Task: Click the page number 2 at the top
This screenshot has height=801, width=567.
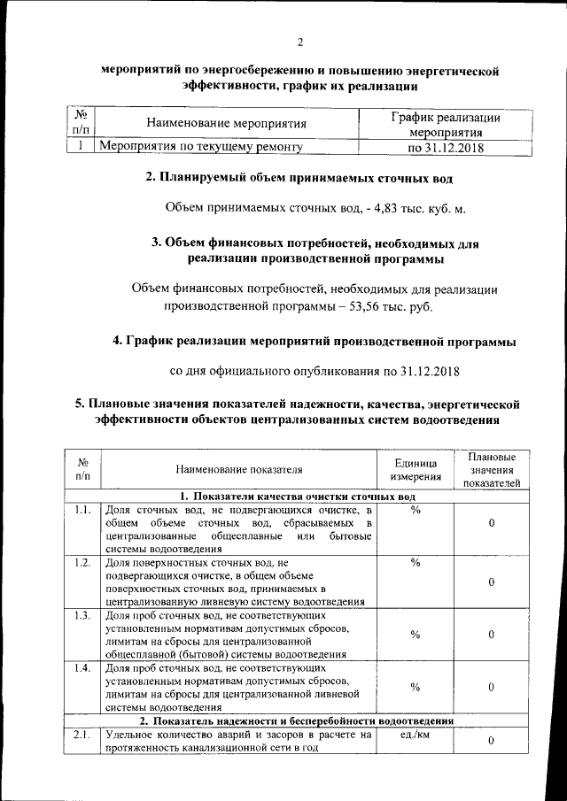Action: pyautogui.click(x=300, y=42)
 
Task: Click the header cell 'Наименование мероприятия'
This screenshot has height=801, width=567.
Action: pyautogui.click(x=227, y=124)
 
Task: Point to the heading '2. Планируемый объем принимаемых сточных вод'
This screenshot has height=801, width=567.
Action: pyautogui.click(x=299, y=179)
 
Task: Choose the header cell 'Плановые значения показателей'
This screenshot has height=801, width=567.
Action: pyautogui.click(x=491, y=470)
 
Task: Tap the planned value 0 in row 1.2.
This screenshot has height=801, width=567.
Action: pyautogui.click(x=491, y=581)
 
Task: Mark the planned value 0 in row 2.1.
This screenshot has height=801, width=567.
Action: pyautogui.click(x=491, y=740)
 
